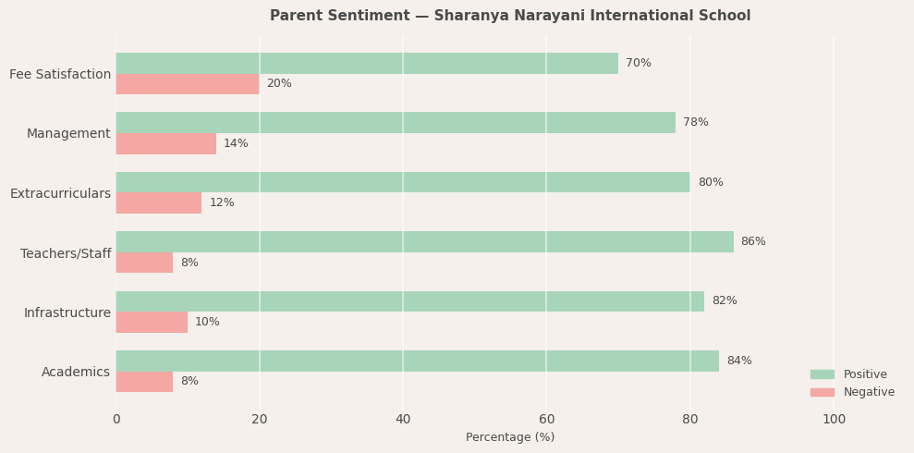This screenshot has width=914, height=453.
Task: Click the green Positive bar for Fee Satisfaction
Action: pyautogui.click(x=367, y=63)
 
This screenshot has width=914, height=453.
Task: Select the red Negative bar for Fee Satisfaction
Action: pyautogui.click(x=188, y=84)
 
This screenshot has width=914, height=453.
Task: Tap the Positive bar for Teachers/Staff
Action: pyautogui.click(x=424, y=241)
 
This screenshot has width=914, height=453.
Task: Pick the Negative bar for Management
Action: pyautogui.click(x=166, y=143)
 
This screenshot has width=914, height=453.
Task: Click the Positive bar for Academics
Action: pyautogui.click(x=417, y=361)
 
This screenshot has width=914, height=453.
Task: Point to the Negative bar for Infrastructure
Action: pyautogui.click(x=152, y=322)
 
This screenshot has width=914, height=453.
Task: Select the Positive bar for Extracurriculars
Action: pyautogui.click(x=403, y=182)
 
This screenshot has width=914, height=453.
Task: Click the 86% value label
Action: pyautogui.click(x=753, y=241)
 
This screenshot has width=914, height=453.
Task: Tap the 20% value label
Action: pyautogui.click(x=279, y=84)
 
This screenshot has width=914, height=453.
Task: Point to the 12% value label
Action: pyautogui.click(x=222, y=202)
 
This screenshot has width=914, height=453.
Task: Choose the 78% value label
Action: pyautogui.click(x=696, y=122)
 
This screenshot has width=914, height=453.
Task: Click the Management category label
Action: pyautogui.click(x=68, y=133)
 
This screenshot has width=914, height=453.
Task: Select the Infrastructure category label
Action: pyautogui.click(x=67, y=312)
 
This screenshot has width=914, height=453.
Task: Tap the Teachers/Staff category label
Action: pyautogui.click(x=66, y=253)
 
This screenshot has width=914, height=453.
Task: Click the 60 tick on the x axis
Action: pyautogui.click(x=546, y=419)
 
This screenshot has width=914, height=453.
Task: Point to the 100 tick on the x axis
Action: pyautogui.click(x=834, y=419)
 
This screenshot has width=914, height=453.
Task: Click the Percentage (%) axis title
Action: pyautogui.click(x=510, y=437)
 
